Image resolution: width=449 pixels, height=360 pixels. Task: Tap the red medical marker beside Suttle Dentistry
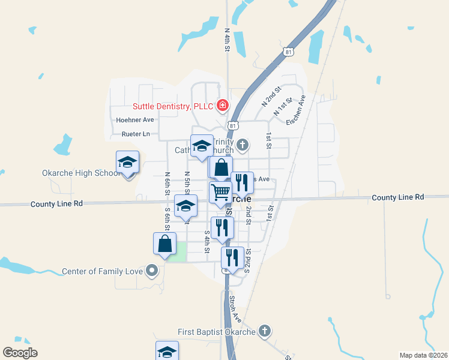(222, 106)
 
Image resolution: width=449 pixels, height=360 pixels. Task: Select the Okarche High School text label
(82, 173)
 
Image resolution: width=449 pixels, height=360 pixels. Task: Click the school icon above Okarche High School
(127, 161)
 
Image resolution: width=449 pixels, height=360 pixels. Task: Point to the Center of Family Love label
(103, 271)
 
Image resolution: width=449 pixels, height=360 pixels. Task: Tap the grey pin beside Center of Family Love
(152, 271)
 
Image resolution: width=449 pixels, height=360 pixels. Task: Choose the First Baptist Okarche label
(217, 332)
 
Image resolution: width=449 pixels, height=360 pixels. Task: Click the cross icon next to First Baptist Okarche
(264, 331)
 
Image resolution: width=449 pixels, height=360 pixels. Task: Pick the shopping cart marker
(220, 193)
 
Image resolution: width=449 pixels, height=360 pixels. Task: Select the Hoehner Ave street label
(135, 120)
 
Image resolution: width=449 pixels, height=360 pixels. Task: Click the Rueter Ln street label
(135, 134)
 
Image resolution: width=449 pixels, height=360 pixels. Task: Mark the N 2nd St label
(271, 97)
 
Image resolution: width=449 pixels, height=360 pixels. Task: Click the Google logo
(20, 353)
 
